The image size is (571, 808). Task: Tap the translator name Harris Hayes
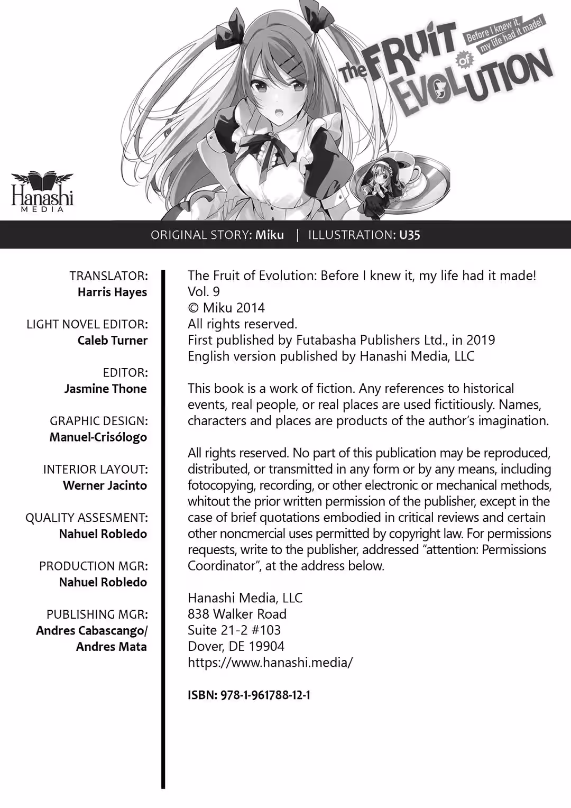[112, 292]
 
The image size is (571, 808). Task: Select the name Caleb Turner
[113, 340]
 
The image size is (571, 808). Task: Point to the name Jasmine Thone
[106, 389]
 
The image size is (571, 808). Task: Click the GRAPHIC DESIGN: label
[99, 421]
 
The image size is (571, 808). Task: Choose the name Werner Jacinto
[105, 485]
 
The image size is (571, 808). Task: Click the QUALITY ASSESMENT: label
[87, 518]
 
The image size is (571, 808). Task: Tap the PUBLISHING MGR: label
[97, 614]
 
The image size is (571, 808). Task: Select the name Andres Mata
[112, 647]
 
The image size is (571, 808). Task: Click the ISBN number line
[249, 695]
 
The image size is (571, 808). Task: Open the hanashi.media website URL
[270, 662]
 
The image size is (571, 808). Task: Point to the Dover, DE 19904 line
[236, 646]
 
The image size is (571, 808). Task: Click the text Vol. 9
[204, 291]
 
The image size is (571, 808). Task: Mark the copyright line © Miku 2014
[226, 308]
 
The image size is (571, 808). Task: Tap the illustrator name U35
[410, 235]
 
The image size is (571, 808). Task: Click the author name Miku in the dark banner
[270, 235]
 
